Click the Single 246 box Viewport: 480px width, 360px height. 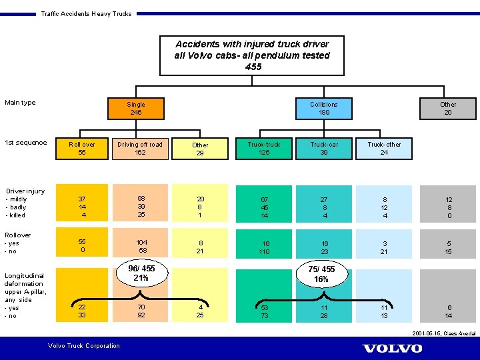point(136,108)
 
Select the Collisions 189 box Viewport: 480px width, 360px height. point(324,108)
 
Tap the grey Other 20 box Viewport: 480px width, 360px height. point(448,108)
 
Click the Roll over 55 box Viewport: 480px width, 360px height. point(82,148)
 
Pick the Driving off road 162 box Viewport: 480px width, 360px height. point(140,148)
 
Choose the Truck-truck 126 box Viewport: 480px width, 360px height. point(264,148)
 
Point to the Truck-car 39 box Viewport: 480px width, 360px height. point(324,148)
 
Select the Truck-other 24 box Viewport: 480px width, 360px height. point(384,148)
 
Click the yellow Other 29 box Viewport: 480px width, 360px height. point(200,149)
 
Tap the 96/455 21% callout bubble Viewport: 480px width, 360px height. point(141,273)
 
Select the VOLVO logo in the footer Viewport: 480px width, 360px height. point(392,348)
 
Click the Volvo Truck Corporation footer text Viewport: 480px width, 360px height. point(84,345)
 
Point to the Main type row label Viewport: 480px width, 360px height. point(20,103)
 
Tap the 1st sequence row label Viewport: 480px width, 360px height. point(25,143)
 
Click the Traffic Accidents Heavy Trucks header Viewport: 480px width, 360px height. point(86,13)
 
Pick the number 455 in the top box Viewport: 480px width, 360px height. point(253,67)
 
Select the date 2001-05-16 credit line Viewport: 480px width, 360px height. point(444,333)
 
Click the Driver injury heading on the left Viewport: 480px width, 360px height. point(25,191)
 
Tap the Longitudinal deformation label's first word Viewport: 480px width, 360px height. point(23,275)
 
